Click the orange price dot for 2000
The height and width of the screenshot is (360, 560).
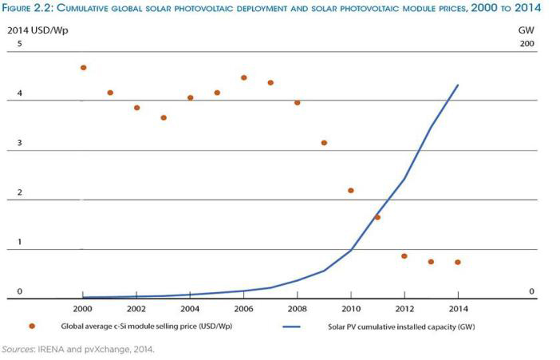coord(83,68)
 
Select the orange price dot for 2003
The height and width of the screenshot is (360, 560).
coord(164,117)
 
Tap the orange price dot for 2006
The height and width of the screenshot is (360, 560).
coord(244,78)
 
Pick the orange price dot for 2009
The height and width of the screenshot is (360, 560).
coord(324,143)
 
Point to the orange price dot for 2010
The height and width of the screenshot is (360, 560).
coord(351,191)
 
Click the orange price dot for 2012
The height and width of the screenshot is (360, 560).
coord(404,256)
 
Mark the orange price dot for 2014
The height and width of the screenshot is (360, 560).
coord(458,263)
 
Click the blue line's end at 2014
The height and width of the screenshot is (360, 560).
coord(458,85)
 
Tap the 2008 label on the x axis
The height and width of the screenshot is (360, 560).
coord(297,308)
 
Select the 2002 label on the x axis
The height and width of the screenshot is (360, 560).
coord(136,308)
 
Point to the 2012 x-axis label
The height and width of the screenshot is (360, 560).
coord(404,308)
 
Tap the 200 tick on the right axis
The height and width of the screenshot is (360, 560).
coord(526,43)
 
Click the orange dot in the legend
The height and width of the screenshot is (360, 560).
coord(32,326)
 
